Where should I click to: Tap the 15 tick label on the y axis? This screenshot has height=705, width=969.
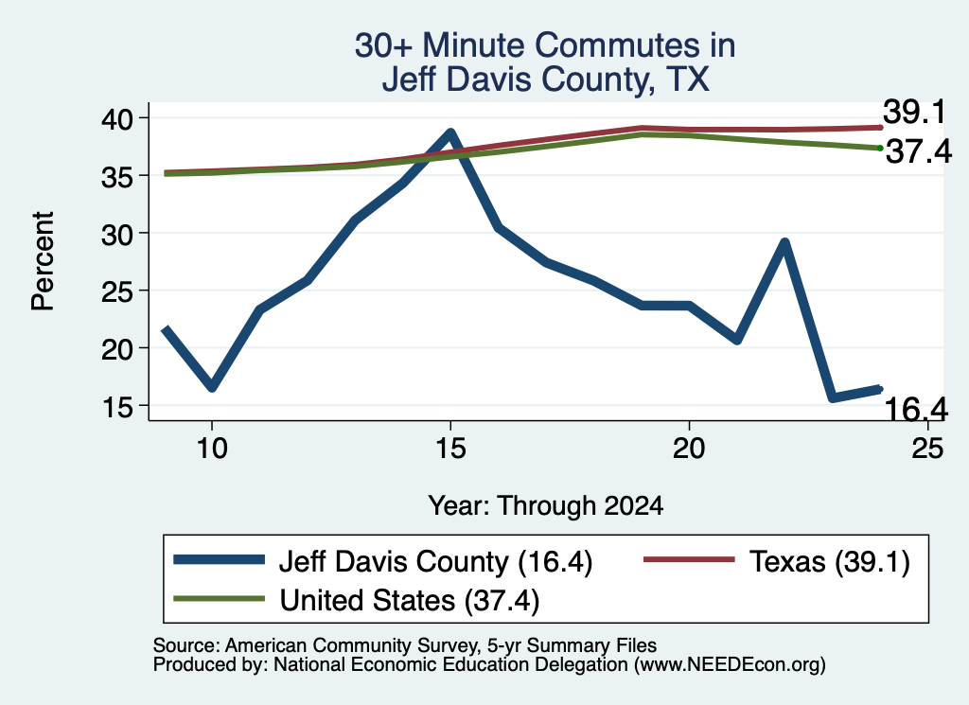pos(116,407)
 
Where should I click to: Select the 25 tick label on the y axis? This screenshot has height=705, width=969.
pos(116,291)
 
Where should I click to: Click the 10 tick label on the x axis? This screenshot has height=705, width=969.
pos(212,448)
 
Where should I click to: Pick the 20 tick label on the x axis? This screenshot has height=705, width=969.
pos(689,448)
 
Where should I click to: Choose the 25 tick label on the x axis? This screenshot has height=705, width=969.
pos(927,448)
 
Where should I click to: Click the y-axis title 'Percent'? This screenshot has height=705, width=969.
pos(43,261)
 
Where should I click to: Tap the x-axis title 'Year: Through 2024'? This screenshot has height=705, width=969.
pos(546,505)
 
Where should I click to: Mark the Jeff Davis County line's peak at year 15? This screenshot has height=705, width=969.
pos(450,132)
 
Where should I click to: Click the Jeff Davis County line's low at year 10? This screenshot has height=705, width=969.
pos(212,387)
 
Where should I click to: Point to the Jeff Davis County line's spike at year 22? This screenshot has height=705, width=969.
pos(784,243)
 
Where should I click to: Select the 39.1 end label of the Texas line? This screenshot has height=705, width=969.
pos(914,112)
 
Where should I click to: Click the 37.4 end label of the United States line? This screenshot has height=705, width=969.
pos(919,151)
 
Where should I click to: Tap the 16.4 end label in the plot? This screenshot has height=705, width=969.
pos(916,409)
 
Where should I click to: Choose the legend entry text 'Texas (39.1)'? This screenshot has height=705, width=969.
pos(829,562)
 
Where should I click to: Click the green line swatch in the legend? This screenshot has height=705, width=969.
pos(220,599)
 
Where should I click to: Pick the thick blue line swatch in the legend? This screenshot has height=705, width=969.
pos(220,560)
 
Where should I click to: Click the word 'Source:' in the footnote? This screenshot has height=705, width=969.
pos(186,645)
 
